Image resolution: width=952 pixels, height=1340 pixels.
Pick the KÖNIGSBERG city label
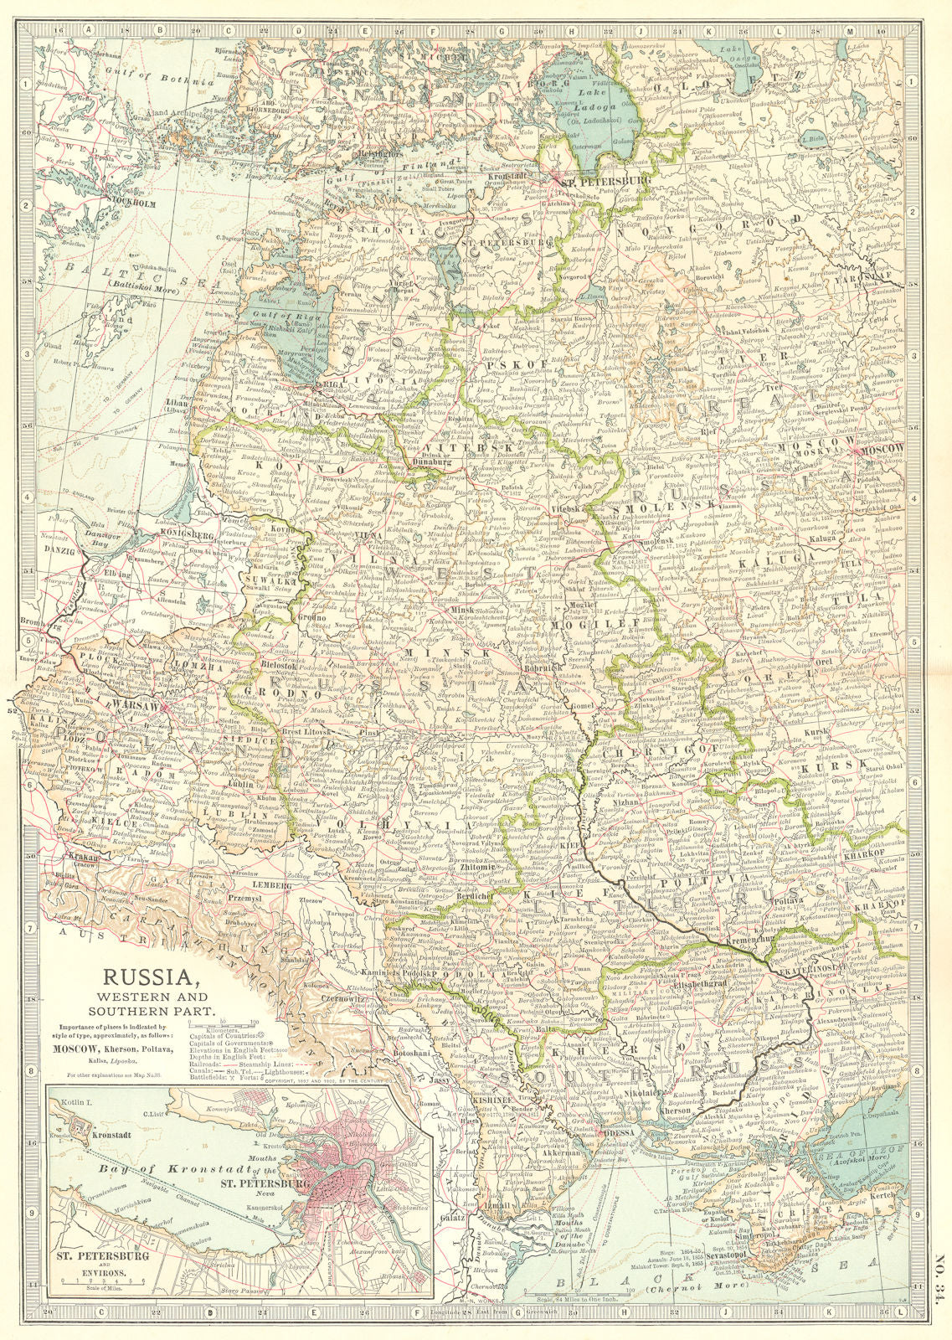click(x=185, y=532)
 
